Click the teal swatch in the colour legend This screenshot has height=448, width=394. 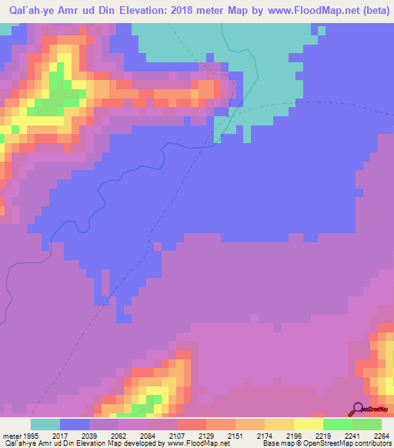tap(45, 424)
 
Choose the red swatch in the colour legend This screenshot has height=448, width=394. tap(191, 424)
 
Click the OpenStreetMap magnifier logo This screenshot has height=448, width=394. tap(357, 409)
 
